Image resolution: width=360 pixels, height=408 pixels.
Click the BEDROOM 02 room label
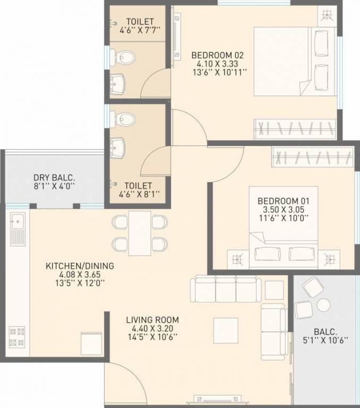click(217, 55)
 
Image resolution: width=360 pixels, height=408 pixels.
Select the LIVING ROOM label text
click(152, 320)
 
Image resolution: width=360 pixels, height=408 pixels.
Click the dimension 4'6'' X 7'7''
click(136, 31)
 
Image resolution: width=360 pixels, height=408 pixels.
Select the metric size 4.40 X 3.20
click(152, 328)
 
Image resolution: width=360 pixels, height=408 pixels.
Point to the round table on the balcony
click(323, 304)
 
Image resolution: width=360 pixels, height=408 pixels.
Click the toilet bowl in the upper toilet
click(124, 55)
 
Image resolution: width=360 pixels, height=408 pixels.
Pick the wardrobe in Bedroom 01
click(313, 156)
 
